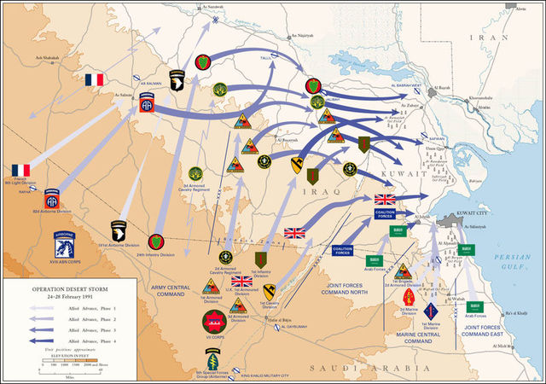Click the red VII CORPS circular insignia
(x=213, y=322)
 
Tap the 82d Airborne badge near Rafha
(x=53, y=197)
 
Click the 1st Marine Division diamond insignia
(x=429, y=311)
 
